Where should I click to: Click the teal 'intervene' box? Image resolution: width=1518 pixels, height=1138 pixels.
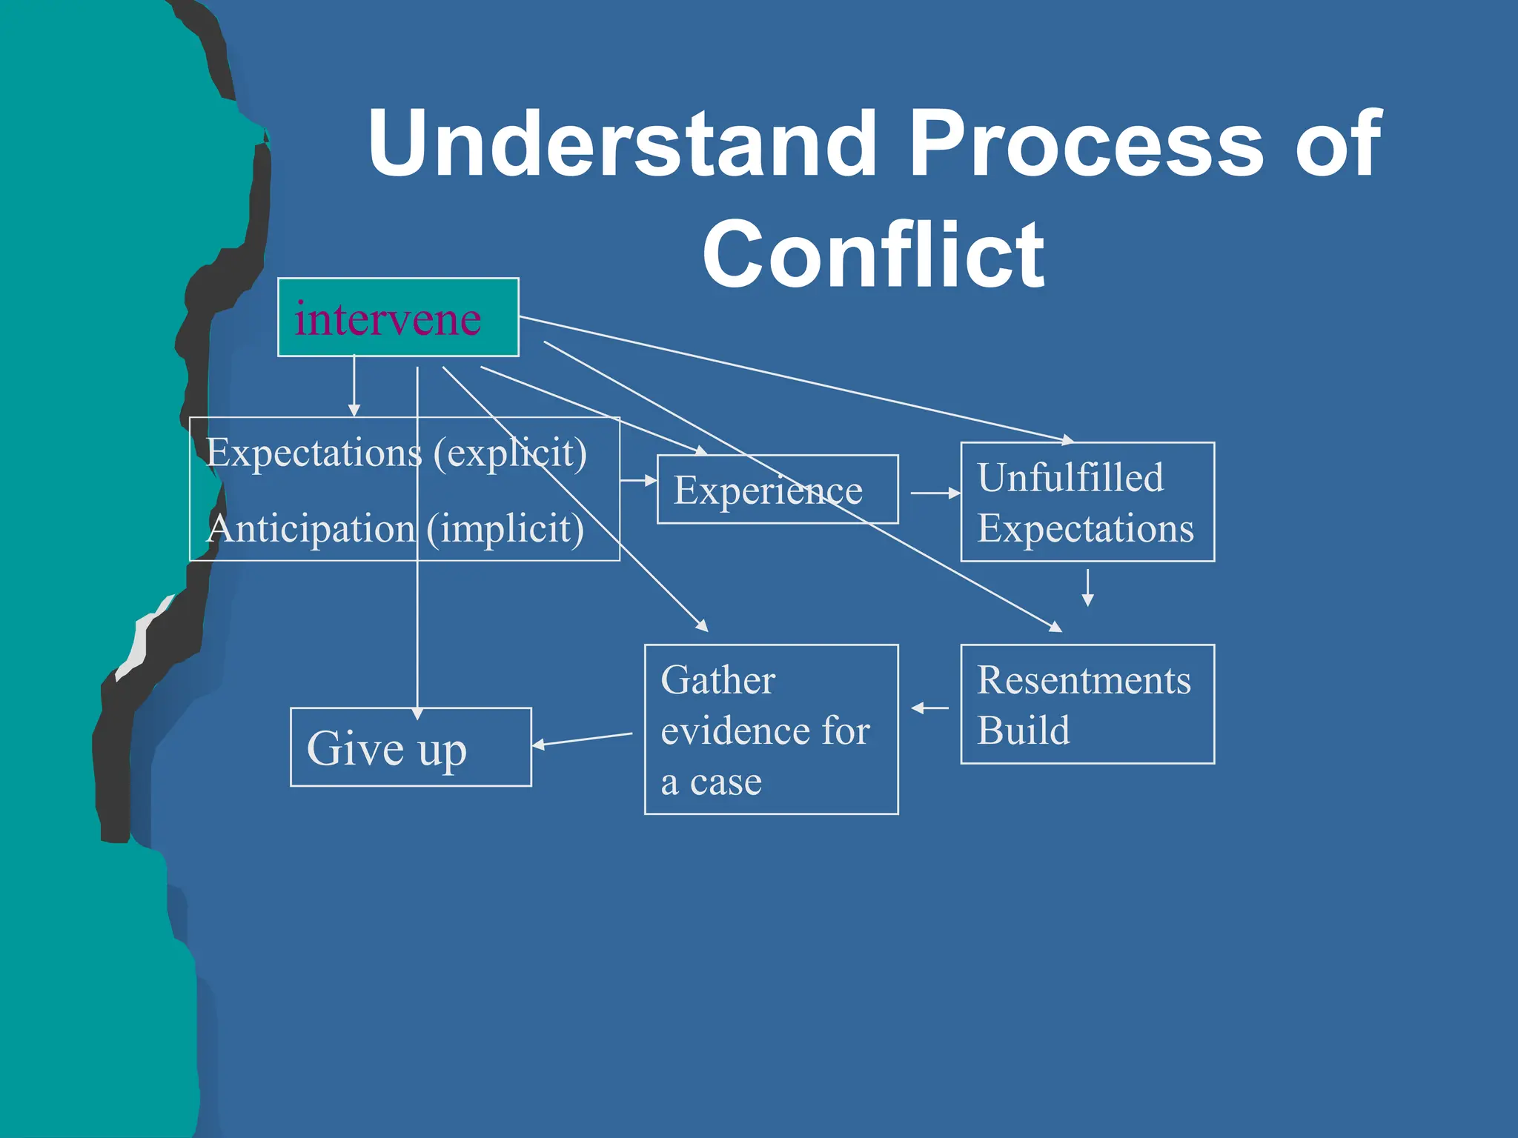(x=398, y=317)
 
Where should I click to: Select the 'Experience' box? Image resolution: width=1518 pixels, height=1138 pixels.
(x=778, y=490)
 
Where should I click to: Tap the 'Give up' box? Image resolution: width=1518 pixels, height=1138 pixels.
(x=411, y=748)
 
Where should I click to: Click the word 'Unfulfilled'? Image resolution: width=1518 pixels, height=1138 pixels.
(x=1070, y=477)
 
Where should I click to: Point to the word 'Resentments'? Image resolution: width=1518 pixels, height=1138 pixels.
(x=1084, y=680)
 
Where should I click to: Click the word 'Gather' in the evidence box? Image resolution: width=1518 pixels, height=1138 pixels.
(x=717, y=680)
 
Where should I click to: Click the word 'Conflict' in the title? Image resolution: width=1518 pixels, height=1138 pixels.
(x=873, y=255)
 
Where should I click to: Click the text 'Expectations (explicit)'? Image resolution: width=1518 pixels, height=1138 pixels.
(x=397, y=453)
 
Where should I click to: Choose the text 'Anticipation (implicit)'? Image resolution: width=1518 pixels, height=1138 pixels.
(x=395, y=529)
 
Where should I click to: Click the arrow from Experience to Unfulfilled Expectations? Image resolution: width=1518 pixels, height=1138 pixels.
(x=935, y=493)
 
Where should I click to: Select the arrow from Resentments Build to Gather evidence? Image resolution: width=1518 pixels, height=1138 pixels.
(x=929, y=708)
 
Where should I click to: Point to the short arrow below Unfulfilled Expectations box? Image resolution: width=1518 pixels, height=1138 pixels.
(x=1087, y=588)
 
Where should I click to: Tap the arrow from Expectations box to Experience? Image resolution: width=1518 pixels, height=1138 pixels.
(x=638, y=481)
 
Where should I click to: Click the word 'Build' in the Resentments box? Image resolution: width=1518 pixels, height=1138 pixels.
(x=1023, y=731)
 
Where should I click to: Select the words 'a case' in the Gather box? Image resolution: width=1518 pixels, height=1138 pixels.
(x=711, y=782)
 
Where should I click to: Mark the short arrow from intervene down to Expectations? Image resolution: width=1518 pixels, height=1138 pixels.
(x=354, y=385)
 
